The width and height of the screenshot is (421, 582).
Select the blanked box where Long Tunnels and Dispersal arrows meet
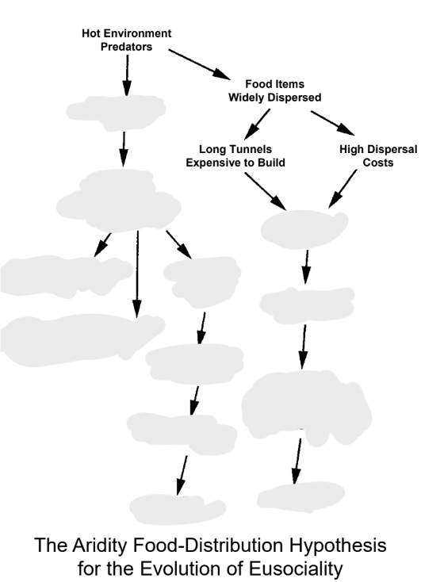click(x=304, y=225)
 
